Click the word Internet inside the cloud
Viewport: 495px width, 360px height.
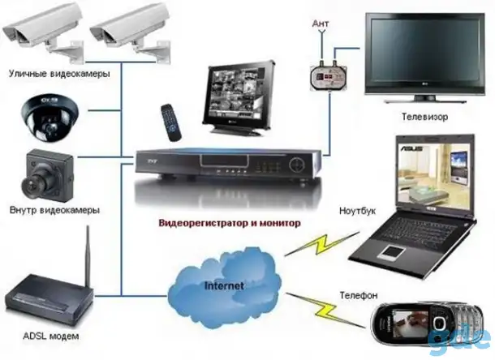point(224,286)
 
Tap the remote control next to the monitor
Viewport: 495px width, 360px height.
point(170,122)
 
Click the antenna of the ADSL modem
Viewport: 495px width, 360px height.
point(88,255)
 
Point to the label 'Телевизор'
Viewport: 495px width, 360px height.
point(424,117)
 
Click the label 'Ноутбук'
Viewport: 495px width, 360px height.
point(357,211)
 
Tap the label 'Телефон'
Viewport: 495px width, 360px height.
point(359,295)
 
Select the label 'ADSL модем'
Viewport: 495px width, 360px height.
point(51,336)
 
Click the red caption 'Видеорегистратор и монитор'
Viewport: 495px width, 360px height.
point(230,224)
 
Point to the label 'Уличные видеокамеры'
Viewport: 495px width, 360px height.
point(59,74)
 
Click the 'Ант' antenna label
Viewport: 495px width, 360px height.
point(321,24)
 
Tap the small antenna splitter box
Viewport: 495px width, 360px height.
point(329,75)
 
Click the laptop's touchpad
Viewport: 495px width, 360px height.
point(393,251)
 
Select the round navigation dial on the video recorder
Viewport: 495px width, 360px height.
point(298,164)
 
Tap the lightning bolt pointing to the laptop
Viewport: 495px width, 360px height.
point(322,244)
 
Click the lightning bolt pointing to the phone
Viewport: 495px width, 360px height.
point(325,309)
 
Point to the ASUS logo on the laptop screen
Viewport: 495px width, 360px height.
point(411,148)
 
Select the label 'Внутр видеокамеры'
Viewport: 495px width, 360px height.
point(54,210)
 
